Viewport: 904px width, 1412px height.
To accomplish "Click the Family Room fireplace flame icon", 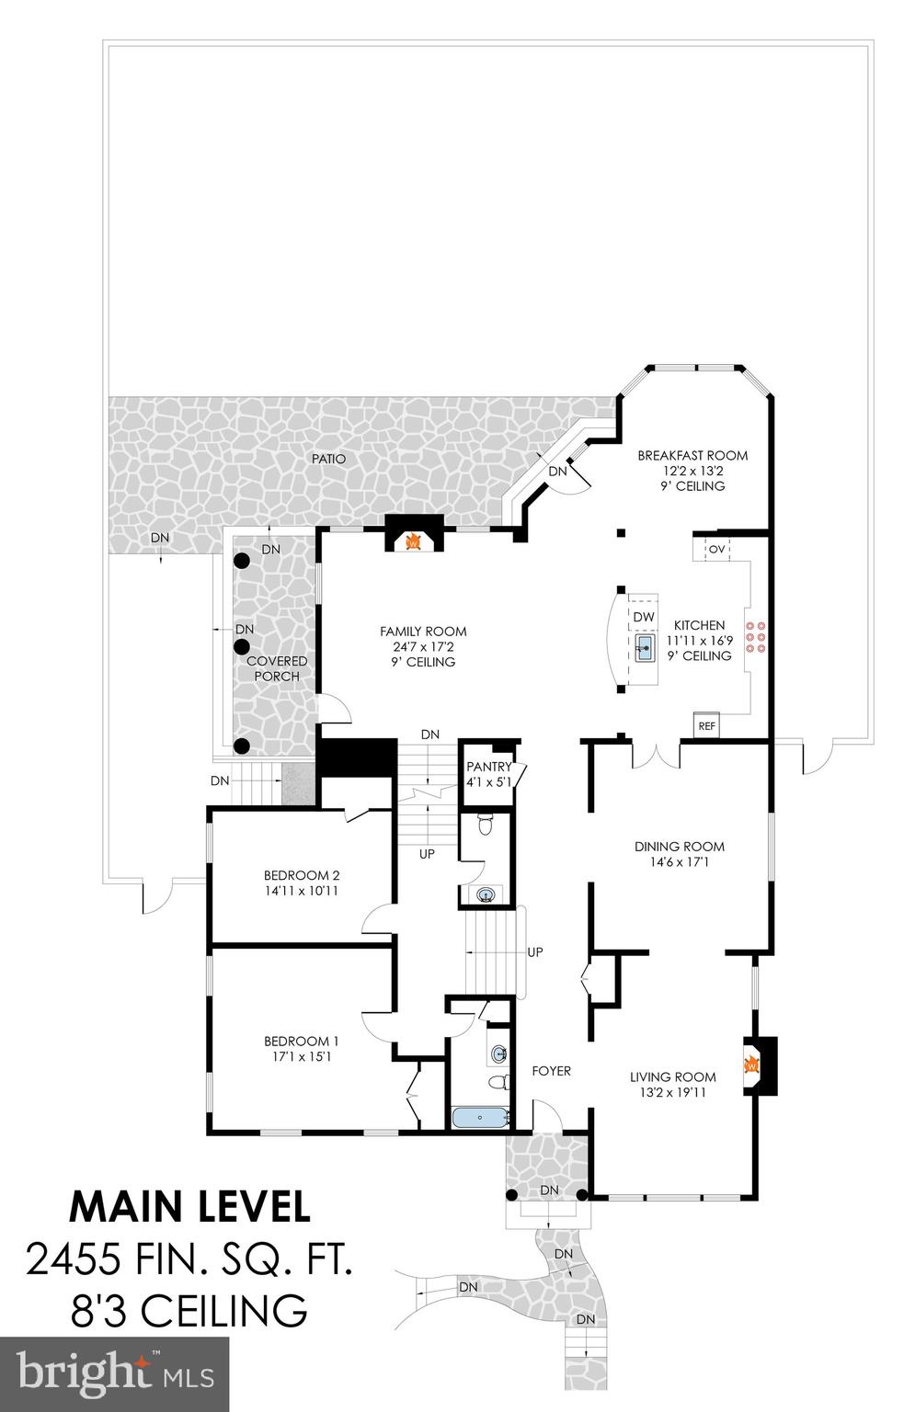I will pyautogui.click(x=413, y=541).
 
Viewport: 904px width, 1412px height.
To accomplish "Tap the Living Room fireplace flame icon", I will pyautogui.click(x=751, y=1065).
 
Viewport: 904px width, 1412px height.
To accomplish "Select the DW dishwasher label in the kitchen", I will pyautogui.click(x=644, y=616).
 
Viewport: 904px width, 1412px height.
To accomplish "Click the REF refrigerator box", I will pyautogui.click(x=706, y=725).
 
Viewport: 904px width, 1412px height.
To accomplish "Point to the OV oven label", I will pyautogui.click(x=717, y=549).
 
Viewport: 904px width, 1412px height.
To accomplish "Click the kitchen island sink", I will pyautogui.click(x=645, y=647).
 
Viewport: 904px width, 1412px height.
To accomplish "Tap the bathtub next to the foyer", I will pyautogui.click(x=480, y=1118).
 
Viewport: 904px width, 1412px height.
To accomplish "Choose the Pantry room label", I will pyautogui.click(x=488, y=767).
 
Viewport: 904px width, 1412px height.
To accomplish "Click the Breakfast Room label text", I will pyautogui.click(x=692, y=455).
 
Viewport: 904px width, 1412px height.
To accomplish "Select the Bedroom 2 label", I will pyautogui.click(x=302, y=874).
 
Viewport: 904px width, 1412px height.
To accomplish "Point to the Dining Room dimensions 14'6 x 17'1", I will pyautogui.click(x=679, y=862).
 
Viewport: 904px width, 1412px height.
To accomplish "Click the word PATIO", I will pyautogui.click(x=328, y=458).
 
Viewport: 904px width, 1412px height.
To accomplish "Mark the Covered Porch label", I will pyautogui.click(x=277, y=668).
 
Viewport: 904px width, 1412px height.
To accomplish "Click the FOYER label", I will pyautogui.click(x=552, y=1071).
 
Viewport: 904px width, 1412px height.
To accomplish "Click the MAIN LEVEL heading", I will pyautogui.click(x=189, y=1206).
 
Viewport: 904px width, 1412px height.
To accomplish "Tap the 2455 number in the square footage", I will pyautogui.click(x=74, y=1258).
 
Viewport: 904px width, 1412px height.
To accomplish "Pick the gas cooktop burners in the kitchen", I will pyautogui.click(x=756, y=637).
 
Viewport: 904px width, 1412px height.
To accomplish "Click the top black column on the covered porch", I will pyautogui.click(x=242, y=560).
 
